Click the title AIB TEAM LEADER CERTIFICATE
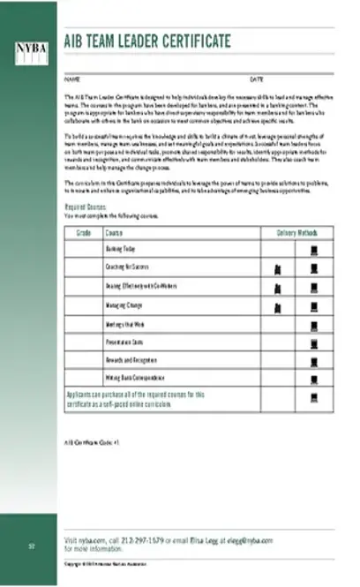(x=147, y=41)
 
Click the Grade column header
(x=84, y=233)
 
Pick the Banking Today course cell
(x=121, y=250)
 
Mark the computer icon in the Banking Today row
(x=312, y=250)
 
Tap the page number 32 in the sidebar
(x=30, y=545)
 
